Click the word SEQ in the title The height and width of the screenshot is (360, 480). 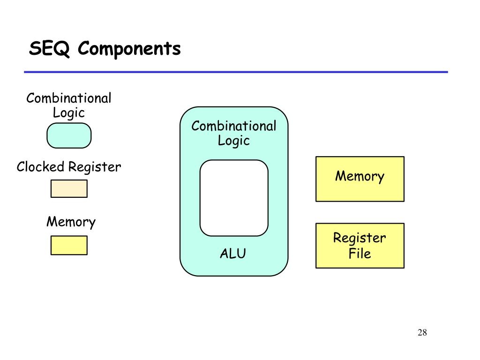(49, 48)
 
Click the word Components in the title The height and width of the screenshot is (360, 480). (129, 48)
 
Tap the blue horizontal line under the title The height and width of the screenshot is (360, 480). (236, 72)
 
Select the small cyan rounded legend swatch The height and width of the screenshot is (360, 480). (69, 135)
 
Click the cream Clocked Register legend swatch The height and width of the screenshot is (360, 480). (69, 188)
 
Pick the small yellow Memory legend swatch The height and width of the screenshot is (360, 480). (69, 245)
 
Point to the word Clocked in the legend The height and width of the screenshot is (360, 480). (40, 167)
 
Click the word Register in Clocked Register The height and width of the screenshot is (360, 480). (95, 167)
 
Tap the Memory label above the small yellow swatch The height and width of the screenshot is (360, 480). (71, 222)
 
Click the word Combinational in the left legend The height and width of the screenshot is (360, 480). (69, 98)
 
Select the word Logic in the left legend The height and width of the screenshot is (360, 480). (69, 112)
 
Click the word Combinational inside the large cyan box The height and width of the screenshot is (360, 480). (234, 126)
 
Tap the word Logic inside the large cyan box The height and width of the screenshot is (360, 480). (234, 141)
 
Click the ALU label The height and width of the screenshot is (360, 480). (233, 254)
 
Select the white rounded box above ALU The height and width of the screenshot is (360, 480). (234, 198)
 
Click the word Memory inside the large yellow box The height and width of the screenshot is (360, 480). (360, 176)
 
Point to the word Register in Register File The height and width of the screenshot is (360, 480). (360, 238)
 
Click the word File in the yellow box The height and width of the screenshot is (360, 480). (360, 254)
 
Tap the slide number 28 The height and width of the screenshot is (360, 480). (422, 332)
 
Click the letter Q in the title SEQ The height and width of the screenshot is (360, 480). (62, 49)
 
